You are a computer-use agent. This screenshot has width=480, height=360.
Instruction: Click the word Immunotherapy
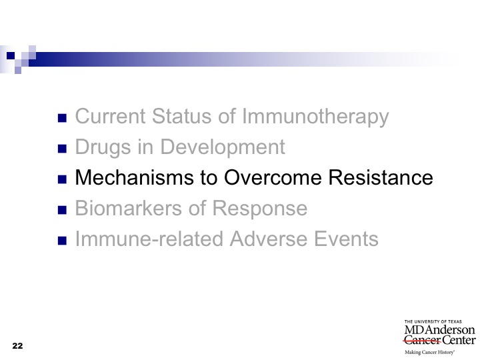[315, 117]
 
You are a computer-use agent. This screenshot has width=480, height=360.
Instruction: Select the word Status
[182, 116]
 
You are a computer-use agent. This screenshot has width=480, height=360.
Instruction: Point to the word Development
[223, 147]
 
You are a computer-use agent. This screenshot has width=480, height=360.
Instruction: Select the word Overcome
[273, 177]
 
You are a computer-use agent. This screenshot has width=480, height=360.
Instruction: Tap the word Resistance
[381, 177]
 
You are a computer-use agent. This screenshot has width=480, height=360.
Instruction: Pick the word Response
[260, 209]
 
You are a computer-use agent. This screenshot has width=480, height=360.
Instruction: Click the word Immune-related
[149, 239]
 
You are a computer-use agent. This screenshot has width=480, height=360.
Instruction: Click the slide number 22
[17, 346]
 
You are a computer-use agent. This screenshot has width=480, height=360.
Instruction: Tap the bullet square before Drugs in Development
[62, 149]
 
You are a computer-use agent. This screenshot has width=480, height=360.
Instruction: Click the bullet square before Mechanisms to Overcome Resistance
[62, 179]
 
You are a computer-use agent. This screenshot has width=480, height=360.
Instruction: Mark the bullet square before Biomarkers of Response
[62, 210]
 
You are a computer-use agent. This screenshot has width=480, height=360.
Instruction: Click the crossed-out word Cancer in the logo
[422, 340]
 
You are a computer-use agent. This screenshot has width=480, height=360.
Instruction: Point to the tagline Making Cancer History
[429, 353]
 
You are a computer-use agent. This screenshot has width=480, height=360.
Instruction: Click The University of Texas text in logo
[433, 322]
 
